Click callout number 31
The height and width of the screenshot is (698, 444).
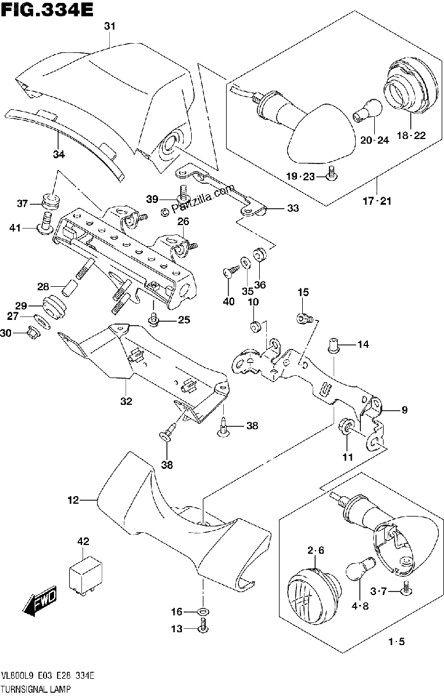point(110,26)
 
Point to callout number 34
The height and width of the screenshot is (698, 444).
point(59,154)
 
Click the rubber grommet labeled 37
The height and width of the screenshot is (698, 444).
point(51,202)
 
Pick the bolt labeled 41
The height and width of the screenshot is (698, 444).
point(45,223)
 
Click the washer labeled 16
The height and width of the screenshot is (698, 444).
point(203,611)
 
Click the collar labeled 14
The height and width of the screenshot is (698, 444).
point(334,346)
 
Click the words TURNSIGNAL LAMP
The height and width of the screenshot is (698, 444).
point(36,689)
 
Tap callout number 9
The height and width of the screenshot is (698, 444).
point(404,409)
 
